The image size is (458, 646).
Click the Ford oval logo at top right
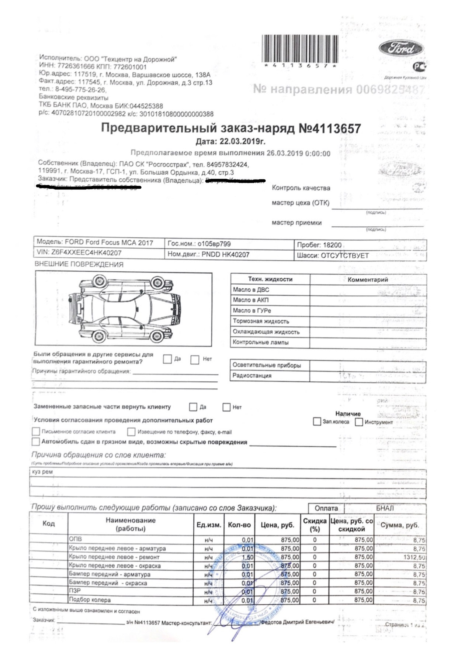coord(401,49)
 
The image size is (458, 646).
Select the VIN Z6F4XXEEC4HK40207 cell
coord(79,253)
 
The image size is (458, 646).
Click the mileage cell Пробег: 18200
coord(319,245)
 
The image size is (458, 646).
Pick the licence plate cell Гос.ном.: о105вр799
coord(199,244)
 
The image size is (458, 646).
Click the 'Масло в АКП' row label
coord(251,300)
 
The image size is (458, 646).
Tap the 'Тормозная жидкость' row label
coord(261,321)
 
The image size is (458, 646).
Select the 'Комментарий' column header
coord(368,279)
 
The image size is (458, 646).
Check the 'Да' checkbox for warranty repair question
coord(167,359)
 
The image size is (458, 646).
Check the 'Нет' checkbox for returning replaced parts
coord(227,407)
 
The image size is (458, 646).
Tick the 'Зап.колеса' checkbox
coord(316,422)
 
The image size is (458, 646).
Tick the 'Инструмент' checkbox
coord(359,422)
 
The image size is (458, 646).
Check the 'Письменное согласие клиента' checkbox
coord(36,432)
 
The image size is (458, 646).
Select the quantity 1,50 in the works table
coord(247,557)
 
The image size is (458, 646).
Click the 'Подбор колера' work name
coord(90,600)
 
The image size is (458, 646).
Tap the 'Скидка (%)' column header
coord(315,525)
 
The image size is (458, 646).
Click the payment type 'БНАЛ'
coord(385,508)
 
